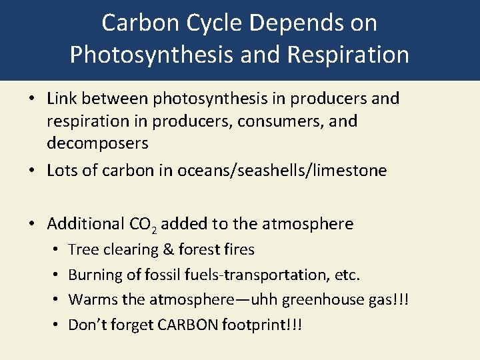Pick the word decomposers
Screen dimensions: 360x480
(x=97, y=144)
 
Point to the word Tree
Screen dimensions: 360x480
(x=83, y=250)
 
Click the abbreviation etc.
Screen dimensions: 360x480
(x=349, y=275)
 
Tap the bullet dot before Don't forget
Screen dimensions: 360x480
(x=54, y=325)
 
